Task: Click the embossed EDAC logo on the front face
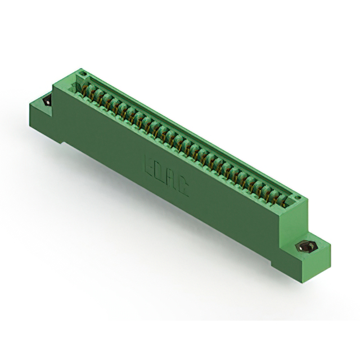(166, 174)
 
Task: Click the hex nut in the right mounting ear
(306, 247)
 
